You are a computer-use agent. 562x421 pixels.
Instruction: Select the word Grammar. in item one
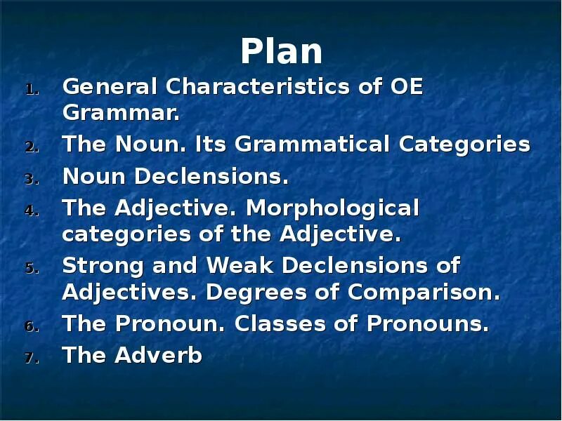click(122, 112)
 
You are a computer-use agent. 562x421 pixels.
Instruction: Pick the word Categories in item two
click(464, 145)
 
